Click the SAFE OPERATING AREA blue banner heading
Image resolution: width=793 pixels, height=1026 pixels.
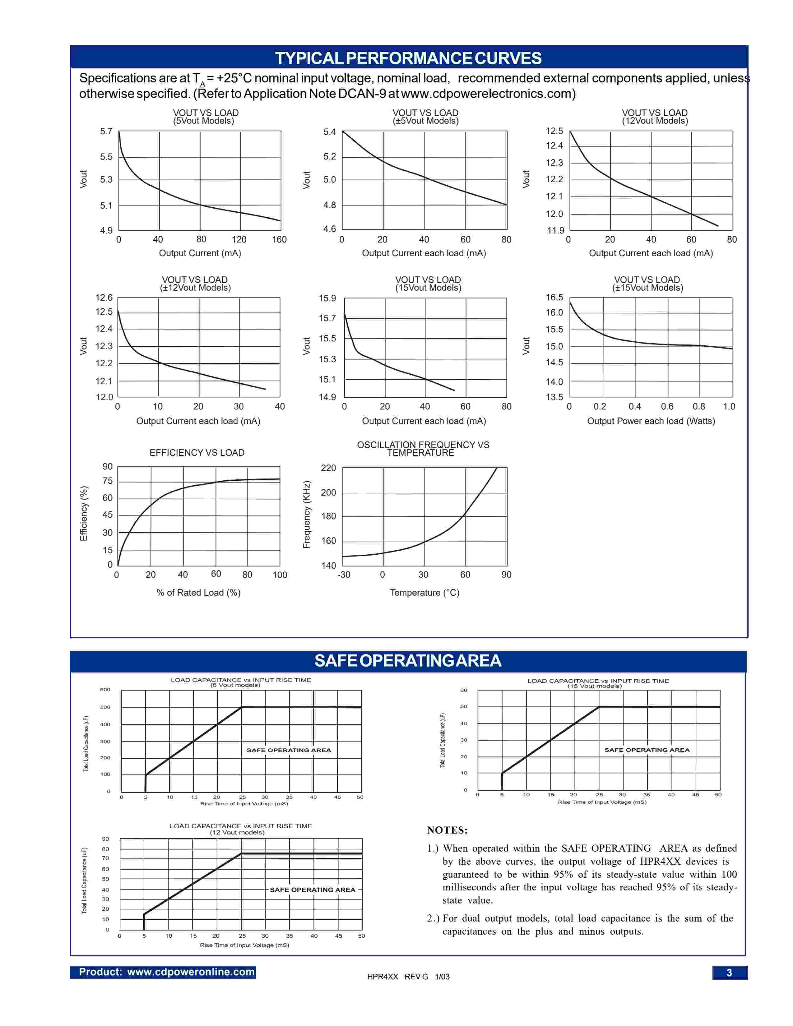(408, 660)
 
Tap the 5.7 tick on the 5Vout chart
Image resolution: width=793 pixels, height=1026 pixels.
(106, 132)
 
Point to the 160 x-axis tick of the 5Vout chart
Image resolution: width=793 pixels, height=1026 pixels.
(279, 240)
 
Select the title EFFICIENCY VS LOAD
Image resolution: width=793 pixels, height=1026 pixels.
(197, 453)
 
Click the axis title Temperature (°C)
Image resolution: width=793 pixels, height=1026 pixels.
(424, 593)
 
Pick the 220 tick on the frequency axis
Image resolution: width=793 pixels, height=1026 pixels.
(328, 468)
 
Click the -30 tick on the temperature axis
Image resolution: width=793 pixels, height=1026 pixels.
(344, 575)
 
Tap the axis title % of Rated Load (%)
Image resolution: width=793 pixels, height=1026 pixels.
(198, 593)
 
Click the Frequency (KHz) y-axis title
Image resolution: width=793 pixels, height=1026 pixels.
(307, 515)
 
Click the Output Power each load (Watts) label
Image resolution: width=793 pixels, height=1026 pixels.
(651, 421)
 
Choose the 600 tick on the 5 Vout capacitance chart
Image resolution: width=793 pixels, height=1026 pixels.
(105, 690)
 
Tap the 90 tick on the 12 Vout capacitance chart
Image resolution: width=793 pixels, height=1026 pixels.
(106, 839)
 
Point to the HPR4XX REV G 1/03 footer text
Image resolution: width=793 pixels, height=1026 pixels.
(408, 977)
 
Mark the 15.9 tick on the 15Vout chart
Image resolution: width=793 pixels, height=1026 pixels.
(327, 298)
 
